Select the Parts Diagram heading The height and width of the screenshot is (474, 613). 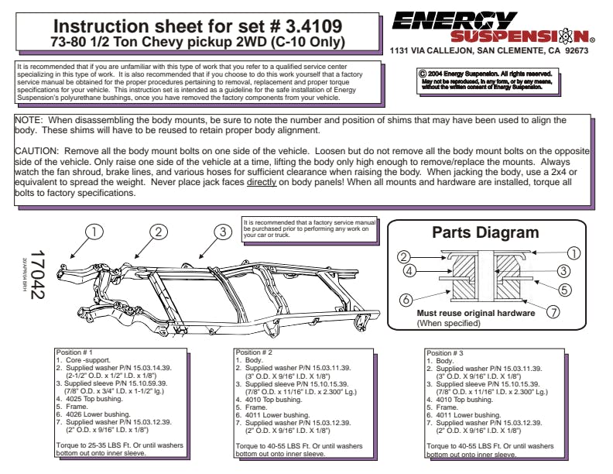[485, 233]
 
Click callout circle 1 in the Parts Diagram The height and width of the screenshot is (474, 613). [574, 252]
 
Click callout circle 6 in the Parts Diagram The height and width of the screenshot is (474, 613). [404, 299]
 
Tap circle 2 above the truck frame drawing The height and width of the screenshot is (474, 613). [159, 232]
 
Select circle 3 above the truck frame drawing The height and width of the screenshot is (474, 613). [222, 232]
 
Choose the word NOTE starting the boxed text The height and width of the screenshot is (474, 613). [29, 121]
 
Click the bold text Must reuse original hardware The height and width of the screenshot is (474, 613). [475, 313]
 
